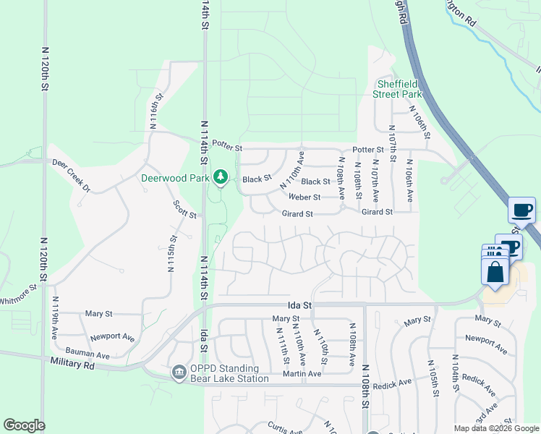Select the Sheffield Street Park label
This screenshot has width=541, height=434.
pyautogui.click(x=397, y=88)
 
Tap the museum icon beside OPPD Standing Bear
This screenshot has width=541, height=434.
pyautogui.click(x=179, y=373)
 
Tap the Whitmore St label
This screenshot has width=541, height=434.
pyautogui.click(x=17, y=295)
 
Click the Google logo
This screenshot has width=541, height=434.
pyautogui.click(x=24, y=425)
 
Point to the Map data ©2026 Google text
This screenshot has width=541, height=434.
pyautogui.click(x=496, y=428)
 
